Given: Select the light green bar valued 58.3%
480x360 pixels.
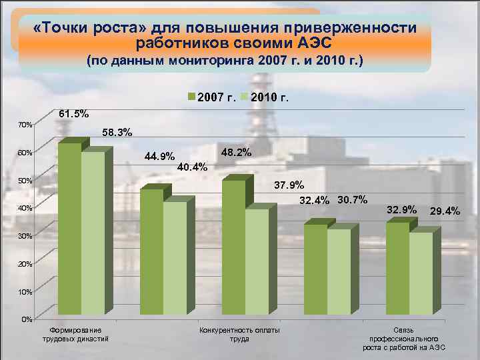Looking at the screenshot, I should coord(93,233).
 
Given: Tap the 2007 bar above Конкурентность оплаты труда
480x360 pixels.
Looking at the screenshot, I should coord(233,247).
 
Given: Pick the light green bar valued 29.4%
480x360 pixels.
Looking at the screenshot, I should coord(421,273).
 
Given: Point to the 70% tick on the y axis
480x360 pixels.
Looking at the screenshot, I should coord(25,125).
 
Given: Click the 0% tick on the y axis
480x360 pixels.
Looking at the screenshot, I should coord(26,319).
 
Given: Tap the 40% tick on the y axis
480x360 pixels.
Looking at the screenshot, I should coord(25,209).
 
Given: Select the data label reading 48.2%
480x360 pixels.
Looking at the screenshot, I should coord(235,153).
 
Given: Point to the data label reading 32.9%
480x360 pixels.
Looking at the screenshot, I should coord(402,210).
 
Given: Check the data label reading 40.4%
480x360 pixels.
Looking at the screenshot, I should coord(193,167).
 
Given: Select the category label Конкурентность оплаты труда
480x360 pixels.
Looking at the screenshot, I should coord(239,335).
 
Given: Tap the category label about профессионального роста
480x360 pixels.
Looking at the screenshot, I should coord(404,339).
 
